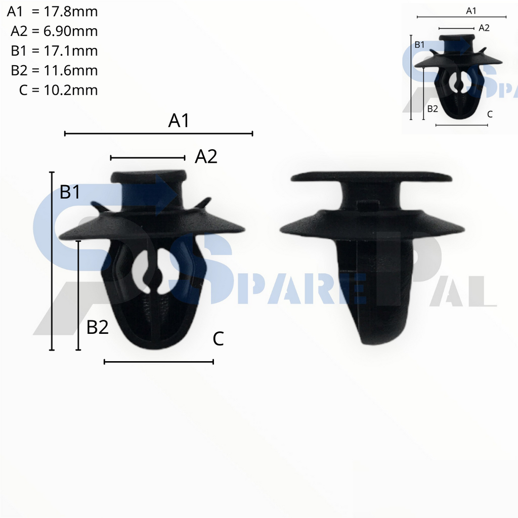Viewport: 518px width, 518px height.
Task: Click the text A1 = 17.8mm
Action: click(x=53, y=11)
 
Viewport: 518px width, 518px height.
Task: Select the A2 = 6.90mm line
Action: click(x=54, y=31)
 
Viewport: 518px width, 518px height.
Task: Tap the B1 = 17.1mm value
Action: click(x=54, y=51)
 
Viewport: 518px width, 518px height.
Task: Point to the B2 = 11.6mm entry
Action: click(x=54, y=70)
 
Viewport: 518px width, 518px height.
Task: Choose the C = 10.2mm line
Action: click(x=58, y=90)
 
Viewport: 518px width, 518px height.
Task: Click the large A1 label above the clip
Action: click(x=179, y=121)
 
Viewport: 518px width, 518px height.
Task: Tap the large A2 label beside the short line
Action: click(x=206, y=157)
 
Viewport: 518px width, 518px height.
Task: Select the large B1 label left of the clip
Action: click(x=70, y=192)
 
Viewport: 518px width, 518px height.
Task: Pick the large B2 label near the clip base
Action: click(x=98, y=327)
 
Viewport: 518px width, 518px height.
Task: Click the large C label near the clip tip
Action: click(x=218, y=339)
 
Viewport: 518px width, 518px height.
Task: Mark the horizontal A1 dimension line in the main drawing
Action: click(x=158, y=134)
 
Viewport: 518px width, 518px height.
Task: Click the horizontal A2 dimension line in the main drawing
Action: click(x=148, y=158)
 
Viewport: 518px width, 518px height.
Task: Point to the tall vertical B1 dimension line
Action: click(x=52, y=261)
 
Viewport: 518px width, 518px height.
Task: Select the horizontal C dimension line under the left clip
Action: click(x=158, y=362)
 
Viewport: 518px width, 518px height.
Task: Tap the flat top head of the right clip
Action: click(x=371, y=177)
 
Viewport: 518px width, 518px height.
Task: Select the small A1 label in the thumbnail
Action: click(x=471, y=11)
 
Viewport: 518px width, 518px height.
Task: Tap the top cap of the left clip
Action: click(x=149, y=177)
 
